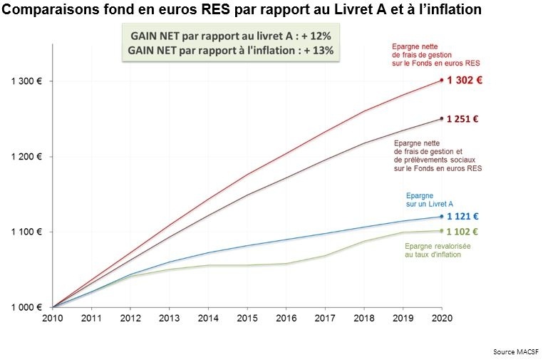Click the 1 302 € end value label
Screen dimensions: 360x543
click(465, 81)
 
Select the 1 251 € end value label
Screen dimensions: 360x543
click(462, 119)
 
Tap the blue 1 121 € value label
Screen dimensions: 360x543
click(462, 217)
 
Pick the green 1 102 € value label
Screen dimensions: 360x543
click(462, 231)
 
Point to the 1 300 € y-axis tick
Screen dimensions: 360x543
click(26, 81)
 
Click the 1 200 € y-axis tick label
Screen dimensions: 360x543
click(26, 157)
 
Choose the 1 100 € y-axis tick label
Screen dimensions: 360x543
click(26, 232)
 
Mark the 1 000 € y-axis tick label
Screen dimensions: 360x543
click(26, 308)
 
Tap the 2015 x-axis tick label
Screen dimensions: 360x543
click(247, 319)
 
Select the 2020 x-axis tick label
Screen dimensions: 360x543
click(442, 319)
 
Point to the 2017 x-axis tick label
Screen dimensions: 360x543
click(325, 319)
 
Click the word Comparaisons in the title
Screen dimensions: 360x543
click(49, 10)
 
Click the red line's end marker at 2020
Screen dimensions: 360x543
click(442, 80)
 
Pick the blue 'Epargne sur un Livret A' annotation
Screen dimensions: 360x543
click(429, 200)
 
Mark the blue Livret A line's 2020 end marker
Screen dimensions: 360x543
click(442, 217)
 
